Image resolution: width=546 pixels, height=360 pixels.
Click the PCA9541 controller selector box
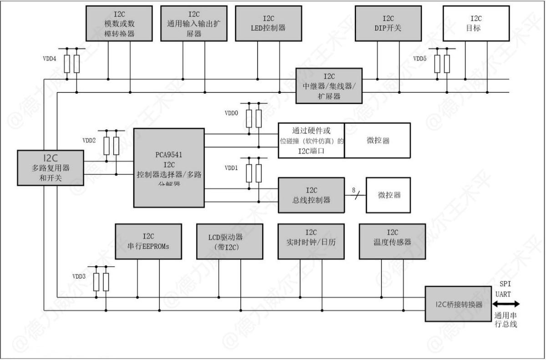click(x=169, y=167)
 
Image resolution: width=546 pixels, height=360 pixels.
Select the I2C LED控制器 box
click(x=268, y=23)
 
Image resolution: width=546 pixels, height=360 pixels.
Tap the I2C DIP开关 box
click(x=388, y=23)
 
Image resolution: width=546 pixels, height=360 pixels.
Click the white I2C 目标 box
click(x=476, y=23)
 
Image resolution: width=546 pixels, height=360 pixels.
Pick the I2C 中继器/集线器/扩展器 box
click(x=329, y=86)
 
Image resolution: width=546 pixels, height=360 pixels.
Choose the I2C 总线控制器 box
click(x=311, y=195)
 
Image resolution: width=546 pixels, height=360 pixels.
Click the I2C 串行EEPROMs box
click(x=148, y=241)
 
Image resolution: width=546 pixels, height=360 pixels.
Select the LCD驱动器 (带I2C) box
click(x=229, y=241)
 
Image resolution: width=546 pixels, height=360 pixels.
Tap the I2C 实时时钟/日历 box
click(x=311, y=241)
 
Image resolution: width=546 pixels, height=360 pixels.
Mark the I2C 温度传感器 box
click(x=392, y=241)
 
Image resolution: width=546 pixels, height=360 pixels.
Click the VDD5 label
click(x=420, y=59)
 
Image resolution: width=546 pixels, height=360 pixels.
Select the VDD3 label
click(x=79, y=276)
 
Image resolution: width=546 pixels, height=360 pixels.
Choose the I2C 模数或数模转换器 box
click(x=119, y=23)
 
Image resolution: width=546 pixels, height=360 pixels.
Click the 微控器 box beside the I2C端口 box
click(x=377, y=140)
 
